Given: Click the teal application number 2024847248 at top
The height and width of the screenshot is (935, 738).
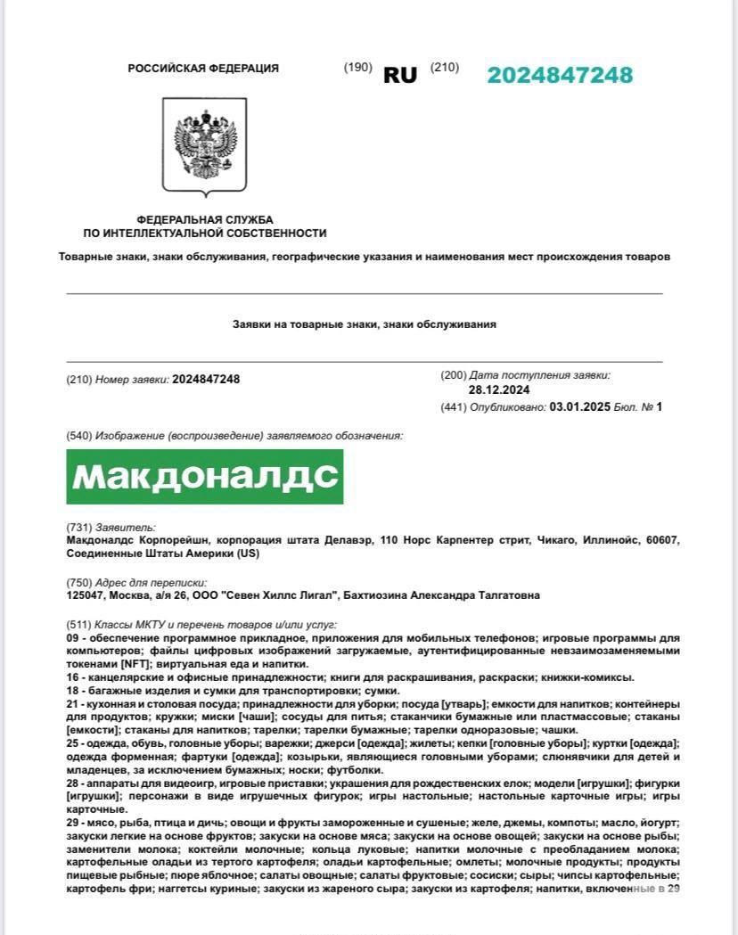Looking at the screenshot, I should click(x=560, y=75).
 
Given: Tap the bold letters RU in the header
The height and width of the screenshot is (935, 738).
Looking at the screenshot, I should click(x=400, y=76).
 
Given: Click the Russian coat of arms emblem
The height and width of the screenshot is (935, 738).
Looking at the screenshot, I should click(x=205, y=147).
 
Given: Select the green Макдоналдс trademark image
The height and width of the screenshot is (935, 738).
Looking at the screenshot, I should click(x=205, y=477).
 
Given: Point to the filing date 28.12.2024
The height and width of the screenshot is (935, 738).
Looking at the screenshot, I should click(x=499, y=390).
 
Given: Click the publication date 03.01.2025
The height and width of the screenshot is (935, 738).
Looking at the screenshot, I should click(x=579, y=407).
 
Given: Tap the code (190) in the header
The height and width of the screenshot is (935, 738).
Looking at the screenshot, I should click(x=358, y=68).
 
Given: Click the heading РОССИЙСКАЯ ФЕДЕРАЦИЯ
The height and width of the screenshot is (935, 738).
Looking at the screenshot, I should click(x=203, y=69).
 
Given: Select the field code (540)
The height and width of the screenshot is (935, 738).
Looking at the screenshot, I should click(x=79, y=436).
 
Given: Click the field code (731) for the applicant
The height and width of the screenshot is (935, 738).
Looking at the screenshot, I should click(x=79, y=528).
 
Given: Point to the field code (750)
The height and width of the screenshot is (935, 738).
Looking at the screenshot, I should click(x=79, y=583).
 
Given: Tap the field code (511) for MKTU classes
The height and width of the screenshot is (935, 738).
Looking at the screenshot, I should click(x=79, y=625).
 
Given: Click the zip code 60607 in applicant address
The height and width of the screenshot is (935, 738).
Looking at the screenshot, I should click(x=662, y=540).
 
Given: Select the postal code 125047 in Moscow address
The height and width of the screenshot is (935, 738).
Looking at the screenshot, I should click(x=86, y=595).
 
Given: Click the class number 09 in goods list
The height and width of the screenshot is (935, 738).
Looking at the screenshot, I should click(x=73, y=638).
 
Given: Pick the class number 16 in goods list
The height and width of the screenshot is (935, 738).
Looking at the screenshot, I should click(x=73, y=677).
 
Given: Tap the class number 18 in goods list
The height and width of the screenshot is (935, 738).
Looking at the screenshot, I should click(x=73, y=691).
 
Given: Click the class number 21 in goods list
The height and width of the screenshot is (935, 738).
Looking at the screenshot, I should click(x=73, y=704).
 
